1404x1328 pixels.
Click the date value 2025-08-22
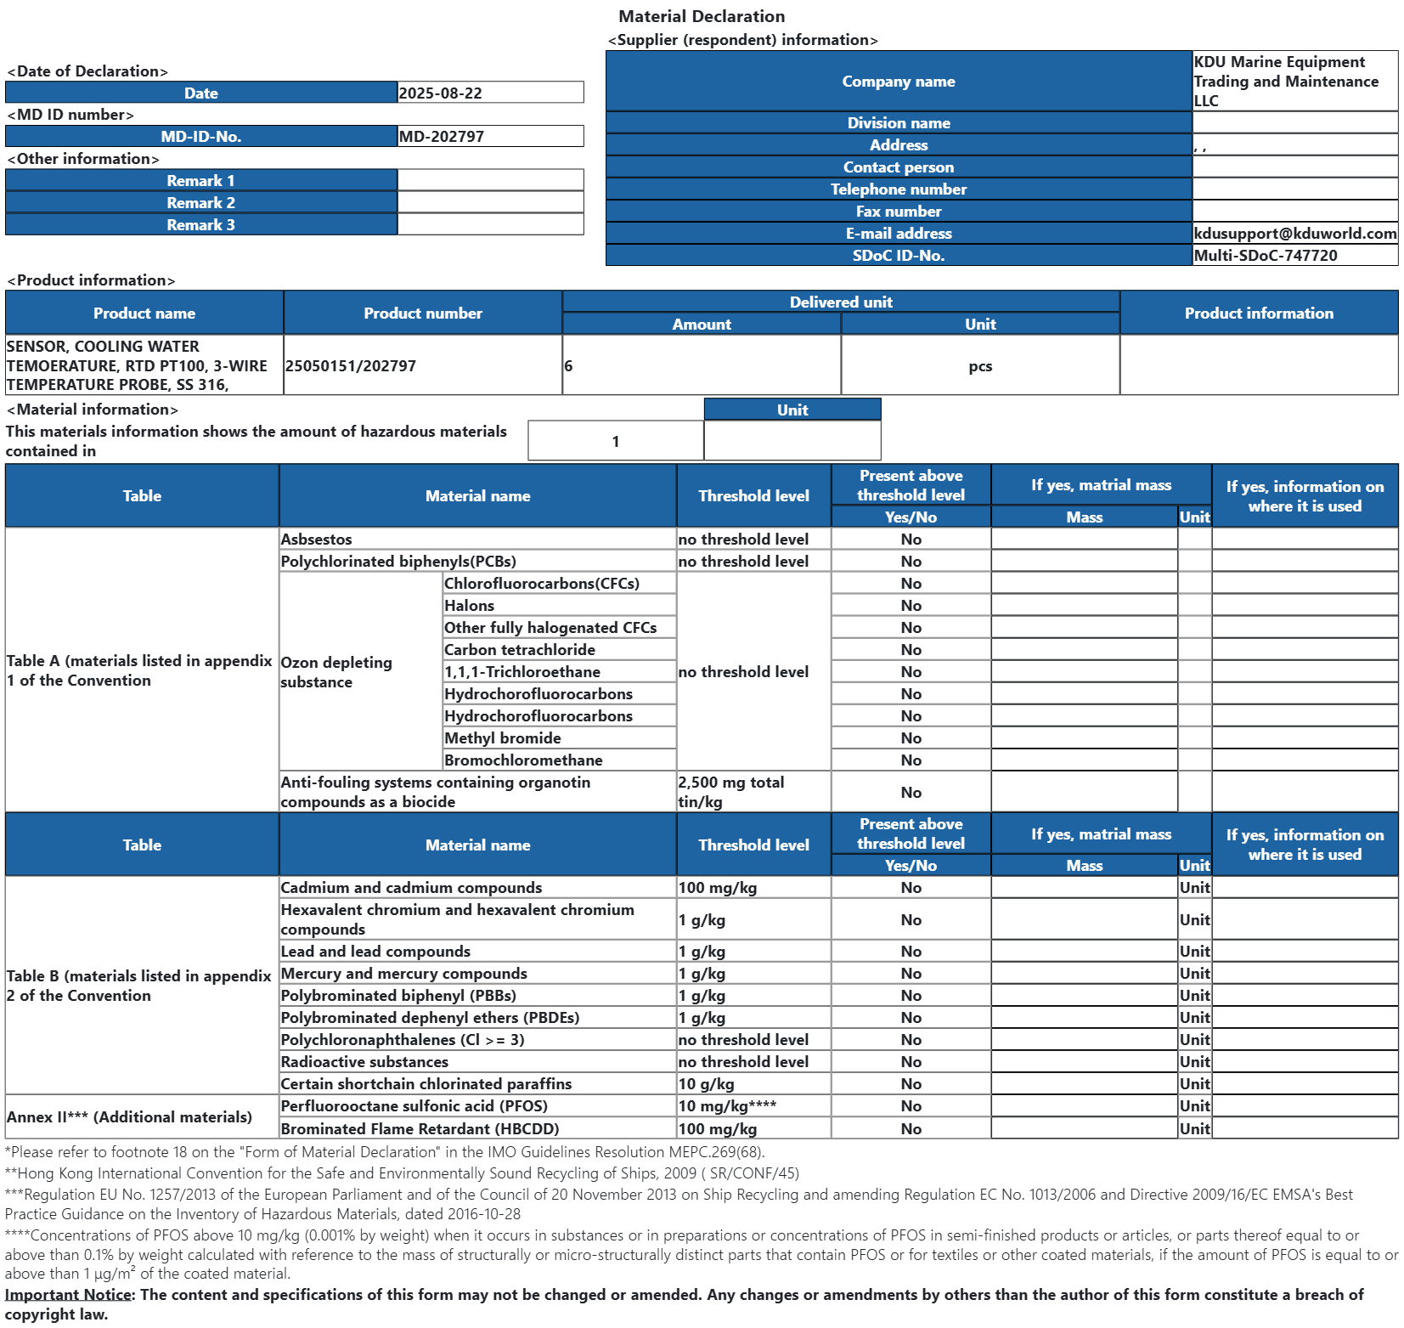click(440, 93)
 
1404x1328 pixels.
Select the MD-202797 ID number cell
click(441, 137)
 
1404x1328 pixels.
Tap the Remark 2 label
click(200, 203)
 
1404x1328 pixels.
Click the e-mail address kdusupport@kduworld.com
click(1294, 234)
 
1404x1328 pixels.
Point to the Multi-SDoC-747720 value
click(1265, 256)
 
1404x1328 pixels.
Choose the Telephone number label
click(898, 189)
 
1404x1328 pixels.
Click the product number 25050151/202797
click(351, 366)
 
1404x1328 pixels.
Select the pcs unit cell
click(979, 366)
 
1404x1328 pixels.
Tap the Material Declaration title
click(702, 16)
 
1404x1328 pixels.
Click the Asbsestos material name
click(316, 540)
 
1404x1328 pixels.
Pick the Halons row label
click(469, 606)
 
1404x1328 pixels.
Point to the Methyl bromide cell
click(502, 738)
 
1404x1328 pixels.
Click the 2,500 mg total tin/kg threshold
click(730, 792)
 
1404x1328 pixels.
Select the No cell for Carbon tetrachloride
click(911, 650)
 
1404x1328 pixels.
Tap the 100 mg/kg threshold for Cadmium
click(717, 888)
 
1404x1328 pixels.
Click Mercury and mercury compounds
click(403, 974)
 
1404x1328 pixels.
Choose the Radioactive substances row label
click(364, 1062)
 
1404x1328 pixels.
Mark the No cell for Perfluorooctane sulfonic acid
click(911, 1106)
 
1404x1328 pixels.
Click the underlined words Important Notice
click(68, 1295)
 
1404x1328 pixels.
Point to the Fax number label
click(898, 212)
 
